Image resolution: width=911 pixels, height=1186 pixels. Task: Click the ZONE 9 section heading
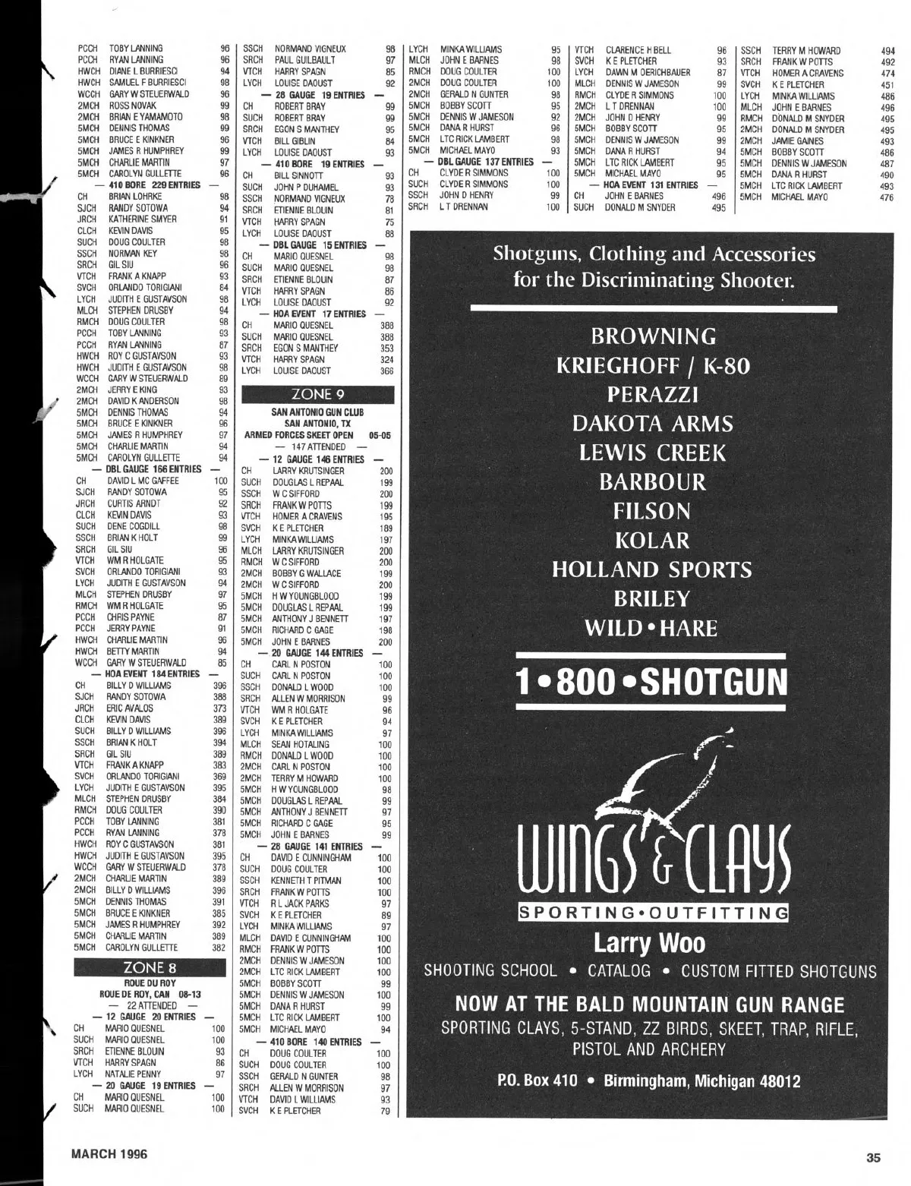coord(317,395)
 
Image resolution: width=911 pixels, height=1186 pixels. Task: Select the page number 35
coord(872,1158)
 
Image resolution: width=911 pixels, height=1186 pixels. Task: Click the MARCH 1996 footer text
coord(109,1154)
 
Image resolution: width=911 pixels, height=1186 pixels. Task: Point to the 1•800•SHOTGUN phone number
coord(652,681)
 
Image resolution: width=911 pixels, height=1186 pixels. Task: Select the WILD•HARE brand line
coord(651,629)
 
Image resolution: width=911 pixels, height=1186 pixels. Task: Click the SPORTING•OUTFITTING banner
coord(652,912)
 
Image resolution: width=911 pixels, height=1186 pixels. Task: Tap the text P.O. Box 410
coord(537,1080)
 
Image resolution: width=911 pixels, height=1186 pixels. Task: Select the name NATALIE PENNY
coord(133,1074)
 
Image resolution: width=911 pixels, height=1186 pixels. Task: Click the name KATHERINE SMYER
coord(142,219)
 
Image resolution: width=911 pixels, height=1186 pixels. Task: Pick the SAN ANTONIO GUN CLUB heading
coord(317,412)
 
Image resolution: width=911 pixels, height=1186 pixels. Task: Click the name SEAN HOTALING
coord(301,744)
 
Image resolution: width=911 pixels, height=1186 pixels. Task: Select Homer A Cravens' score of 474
coord(887,73)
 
